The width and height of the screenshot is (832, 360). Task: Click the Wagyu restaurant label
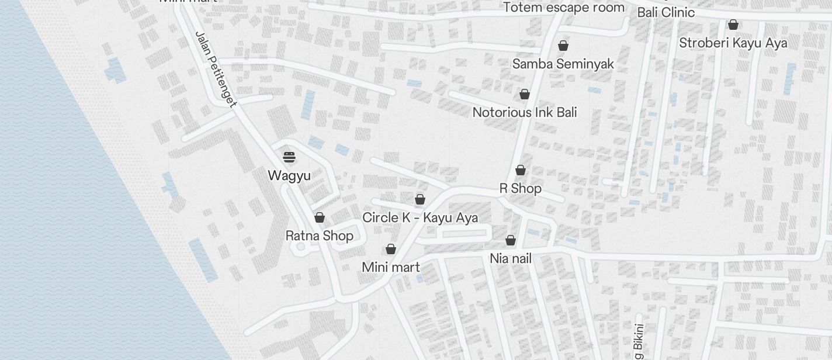(x=289, y=175)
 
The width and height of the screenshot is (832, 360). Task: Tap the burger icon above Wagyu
(x=289, y=157)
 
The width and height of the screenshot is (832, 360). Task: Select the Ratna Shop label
(x=319, y=236)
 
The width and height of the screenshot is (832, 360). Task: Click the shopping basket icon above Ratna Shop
(x=320, y=218)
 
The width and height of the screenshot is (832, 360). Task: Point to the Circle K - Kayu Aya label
(x=420, y=218)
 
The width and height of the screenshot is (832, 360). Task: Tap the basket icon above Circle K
(x=420, y=200)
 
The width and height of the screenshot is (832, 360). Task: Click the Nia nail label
(x=511, y=258)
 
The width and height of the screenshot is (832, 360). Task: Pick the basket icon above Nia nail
(x=511, y=240)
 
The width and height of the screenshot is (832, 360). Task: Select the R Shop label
(x=520, y=188)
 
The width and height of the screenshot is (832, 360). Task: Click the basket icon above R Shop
(x=521, y=170)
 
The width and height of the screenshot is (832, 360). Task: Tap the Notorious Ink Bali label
(x=525, y=112)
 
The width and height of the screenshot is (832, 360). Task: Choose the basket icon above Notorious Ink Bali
(x=525, y=94)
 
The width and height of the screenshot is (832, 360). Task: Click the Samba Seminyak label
(x=563, y=64)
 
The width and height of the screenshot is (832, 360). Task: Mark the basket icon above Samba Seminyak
(x=563, y=46)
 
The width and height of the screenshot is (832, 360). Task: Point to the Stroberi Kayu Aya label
(x=733, y=43)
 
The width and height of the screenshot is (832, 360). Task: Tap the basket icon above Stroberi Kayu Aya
(x=733, y=25)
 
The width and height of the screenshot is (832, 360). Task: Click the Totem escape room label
(x=564, y=8)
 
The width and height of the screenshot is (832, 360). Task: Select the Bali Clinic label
(x=665, y=12)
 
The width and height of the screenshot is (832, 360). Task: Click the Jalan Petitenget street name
(x=216, y=70)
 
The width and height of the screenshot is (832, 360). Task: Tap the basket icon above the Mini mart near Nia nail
(x=391, y=250)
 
